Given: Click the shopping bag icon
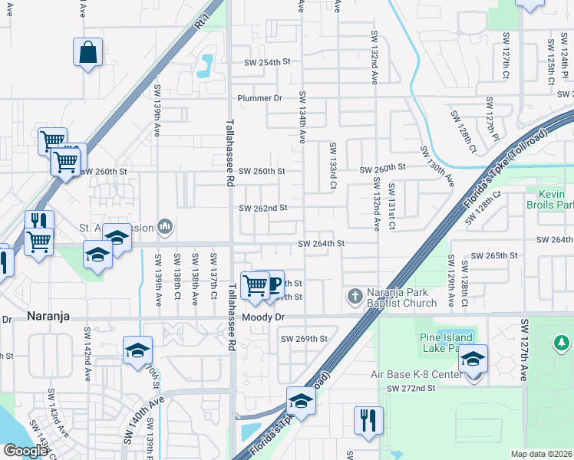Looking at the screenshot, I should click(88, 53).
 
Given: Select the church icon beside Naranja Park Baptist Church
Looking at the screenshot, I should click(355, 296).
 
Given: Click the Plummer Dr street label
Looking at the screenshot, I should click(260, 98).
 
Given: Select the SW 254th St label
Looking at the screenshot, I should click(268, 62).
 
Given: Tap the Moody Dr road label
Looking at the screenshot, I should click(263, 317).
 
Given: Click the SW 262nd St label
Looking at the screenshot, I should click(262, 208).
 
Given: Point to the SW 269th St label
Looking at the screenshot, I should click(304, 338).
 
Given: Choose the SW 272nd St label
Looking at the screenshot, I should click(411, 388).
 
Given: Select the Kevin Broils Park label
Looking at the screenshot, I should click(550, 199).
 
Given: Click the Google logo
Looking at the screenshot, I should click(25, 451).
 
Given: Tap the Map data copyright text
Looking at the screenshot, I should click(541, 454).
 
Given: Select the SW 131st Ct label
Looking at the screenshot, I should click(391, 202).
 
